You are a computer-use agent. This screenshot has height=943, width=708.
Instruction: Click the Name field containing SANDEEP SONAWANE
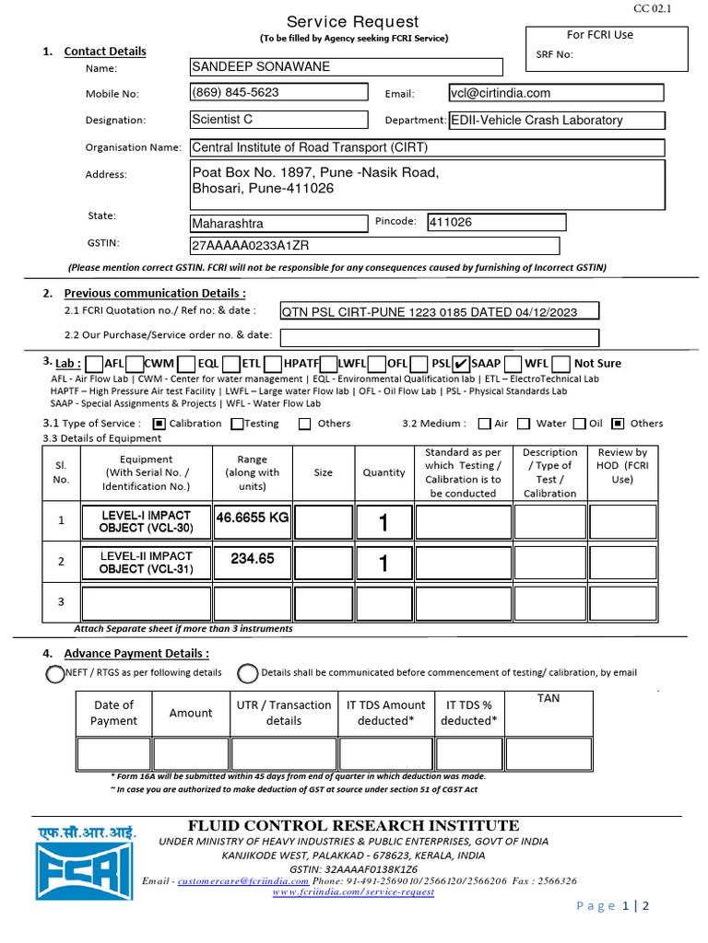(x=346, y=67)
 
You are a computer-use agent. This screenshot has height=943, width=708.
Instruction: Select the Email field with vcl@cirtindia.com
(x=555, y=93)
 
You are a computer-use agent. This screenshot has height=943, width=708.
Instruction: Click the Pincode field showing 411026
(x=496, y=223)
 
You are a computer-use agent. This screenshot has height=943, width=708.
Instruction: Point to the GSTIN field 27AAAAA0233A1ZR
(x=373, y=246)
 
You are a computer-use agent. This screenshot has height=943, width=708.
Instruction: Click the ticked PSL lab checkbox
(x=462, y=363)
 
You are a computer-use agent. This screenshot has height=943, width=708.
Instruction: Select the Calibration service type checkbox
(x=159, y=424)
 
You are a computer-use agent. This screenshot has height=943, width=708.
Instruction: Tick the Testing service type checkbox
(x=237, y=424)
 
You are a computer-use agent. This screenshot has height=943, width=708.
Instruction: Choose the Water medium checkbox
(x=524, y=424)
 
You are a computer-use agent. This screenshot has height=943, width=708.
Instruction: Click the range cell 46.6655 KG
(x=252, y=519)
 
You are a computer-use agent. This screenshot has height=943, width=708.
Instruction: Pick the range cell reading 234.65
(x=252, y=560)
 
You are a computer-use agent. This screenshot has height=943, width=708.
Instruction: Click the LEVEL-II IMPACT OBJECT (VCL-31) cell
(x=146, y=563)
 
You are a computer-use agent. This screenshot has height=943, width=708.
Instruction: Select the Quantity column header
(x=383, y=472)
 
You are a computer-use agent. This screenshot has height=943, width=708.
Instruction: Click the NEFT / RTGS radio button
(x=55, y=674)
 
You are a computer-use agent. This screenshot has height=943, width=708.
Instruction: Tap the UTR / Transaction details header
(x=283, y=713)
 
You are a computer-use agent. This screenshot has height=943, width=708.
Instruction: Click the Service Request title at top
(x=352, y=22)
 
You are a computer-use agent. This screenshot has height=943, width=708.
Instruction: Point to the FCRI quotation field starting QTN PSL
(x=439, y=312)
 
